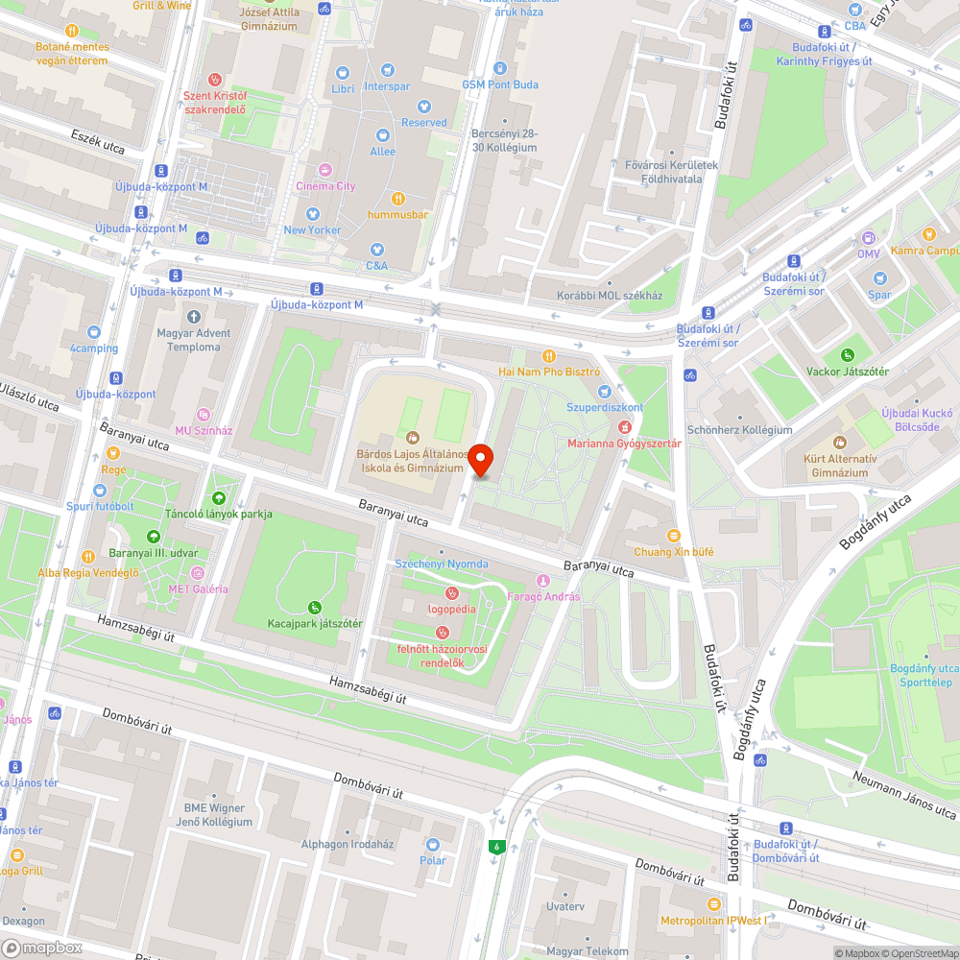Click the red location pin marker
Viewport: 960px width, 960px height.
click(480, 461)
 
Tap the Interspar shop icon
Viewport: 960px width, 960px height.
click(387, 70)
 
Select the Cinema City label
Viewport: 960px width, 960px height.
click(325, 185)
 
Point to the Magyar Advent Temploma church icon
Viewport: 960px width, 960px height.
click(194, 316)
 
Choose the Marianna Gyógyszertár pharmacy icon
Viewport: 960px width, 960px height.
click(625, 426)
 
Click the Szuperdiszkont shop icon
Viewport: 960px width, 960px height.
click(604, 391)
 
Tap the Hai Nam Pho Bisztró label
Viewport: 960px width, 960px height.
click(548, 371)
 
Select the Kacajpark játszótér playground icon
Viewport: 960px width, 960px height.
click(315, 607)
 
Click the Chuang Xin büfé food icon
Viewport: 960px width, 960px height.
click(673, 535)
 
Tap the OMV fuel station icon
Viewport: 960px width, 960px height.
click(868, 237)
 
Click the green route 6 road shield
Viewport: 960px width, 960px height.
click(496, 847)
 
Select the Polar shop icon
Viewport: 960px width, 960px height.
click(433, 844)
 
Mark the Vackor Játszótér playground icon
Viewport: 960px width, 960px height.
click(847, 355)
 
